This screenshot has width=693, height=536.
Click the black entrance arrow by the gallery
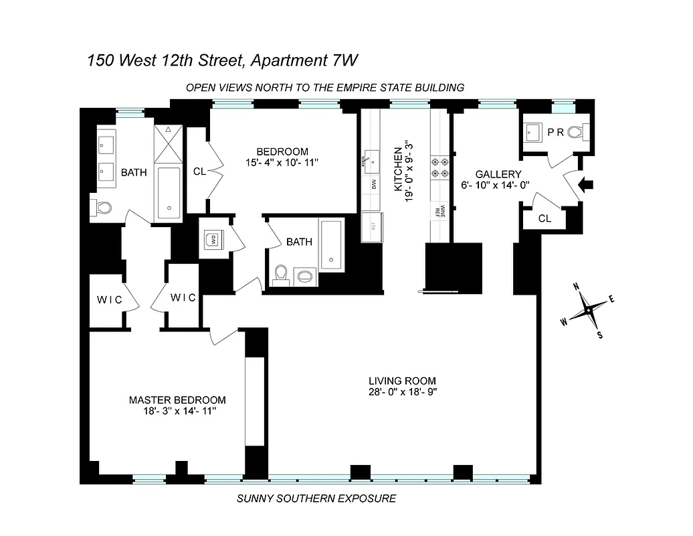coord(587,186)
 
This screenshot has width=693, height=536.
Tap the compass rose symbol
coord(587,311)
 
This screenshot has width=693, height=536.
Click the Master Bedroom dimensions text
coord(178,411)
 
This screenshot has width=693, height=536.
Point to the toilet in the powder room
coord(577,133)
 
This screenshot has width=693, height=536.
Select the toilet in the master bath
coord(102,208)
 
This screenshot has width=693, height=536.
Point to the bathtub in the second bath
coord(331,245)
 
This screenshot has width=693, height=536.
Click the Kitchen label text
coord(399,170)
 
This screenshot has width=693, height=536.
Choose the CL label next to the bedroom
coord(199,172)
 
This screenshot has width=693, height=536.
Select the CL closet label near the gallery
coord(544,218)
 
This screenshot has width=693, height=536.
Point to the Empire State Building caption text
coord(324,87)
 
